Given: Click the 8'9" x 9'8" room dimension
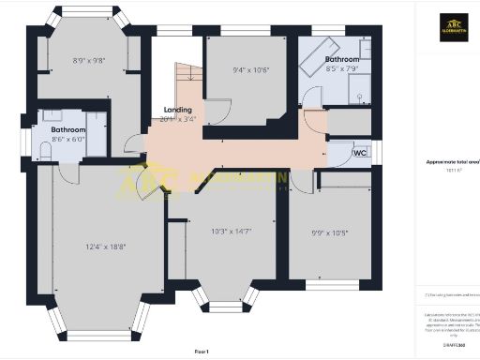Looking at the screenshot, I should [x=89, y=62].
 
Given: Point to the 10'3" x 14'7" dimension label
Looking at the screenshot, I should [x=231, y=230].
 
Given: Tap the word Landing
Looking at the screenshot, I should [x=177, y=109].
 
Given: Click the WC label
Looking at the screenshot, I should [x=359, y=153].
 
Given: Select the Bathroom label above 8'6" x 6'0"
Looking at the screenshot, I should [x=69, y=130].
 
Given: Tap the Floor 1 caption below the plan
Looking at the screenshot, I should [x=201, y=352].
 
